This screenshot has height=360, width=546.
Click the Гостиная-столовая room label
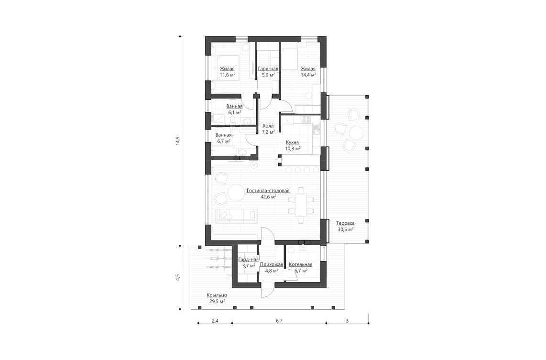point(268,190)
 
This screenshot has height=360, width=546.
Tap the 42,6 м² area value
point(268,196)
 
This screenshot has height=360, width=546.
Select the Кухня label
point(292,142)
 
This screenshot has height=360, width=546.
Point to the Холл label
point(268,126)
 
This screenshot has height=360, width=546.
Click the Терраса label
point(344,223)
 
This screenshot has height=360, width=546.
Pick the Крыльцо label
point(217,295)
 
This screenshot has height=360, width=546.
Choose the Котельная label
point(300,264)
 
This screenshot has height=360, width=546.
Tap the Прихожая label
point(273,264)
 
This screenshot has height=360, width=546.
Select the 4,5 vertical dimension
point(177,278)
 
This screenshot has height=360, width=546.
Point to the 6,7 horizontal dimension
point(279,321)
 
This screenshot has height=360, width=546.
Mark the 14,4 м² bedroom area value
point(308,75)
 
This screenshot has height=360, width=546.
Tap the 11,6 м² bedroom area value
point(227,75)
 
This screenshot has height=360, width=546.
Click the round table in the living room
point(236,193)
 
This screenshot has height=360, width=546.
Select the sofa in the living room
point(236,216)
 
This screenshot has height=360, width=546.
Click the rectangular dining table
point(300,205)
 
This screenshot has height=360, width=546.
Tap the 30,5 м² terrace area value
point(344,229)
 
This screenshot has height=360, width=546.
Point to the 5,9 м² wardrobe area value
point(268,75)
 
